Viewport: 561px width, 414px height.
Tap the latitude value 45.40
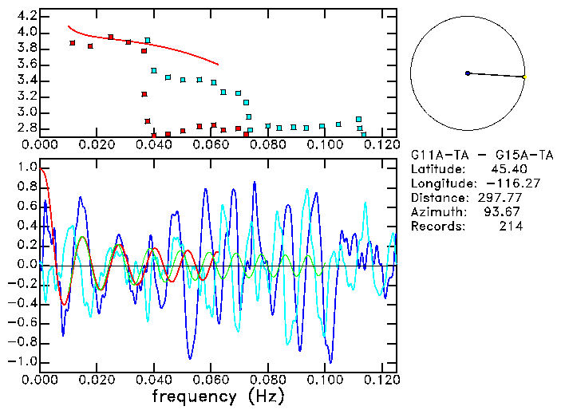(x=506, y=168)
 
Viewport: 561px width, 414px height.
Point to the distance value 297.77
(x=501, y=197)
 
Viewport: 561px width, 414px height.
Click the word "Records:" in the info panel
(x=436, y=226)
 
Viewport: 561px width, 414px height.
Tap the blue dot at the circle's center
(x=468, y=73)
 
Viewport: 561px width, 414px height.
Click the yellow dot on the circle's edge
(x=524, y=77)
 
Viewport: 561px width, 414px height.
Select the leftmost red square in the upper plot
(x=72, y=43)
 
